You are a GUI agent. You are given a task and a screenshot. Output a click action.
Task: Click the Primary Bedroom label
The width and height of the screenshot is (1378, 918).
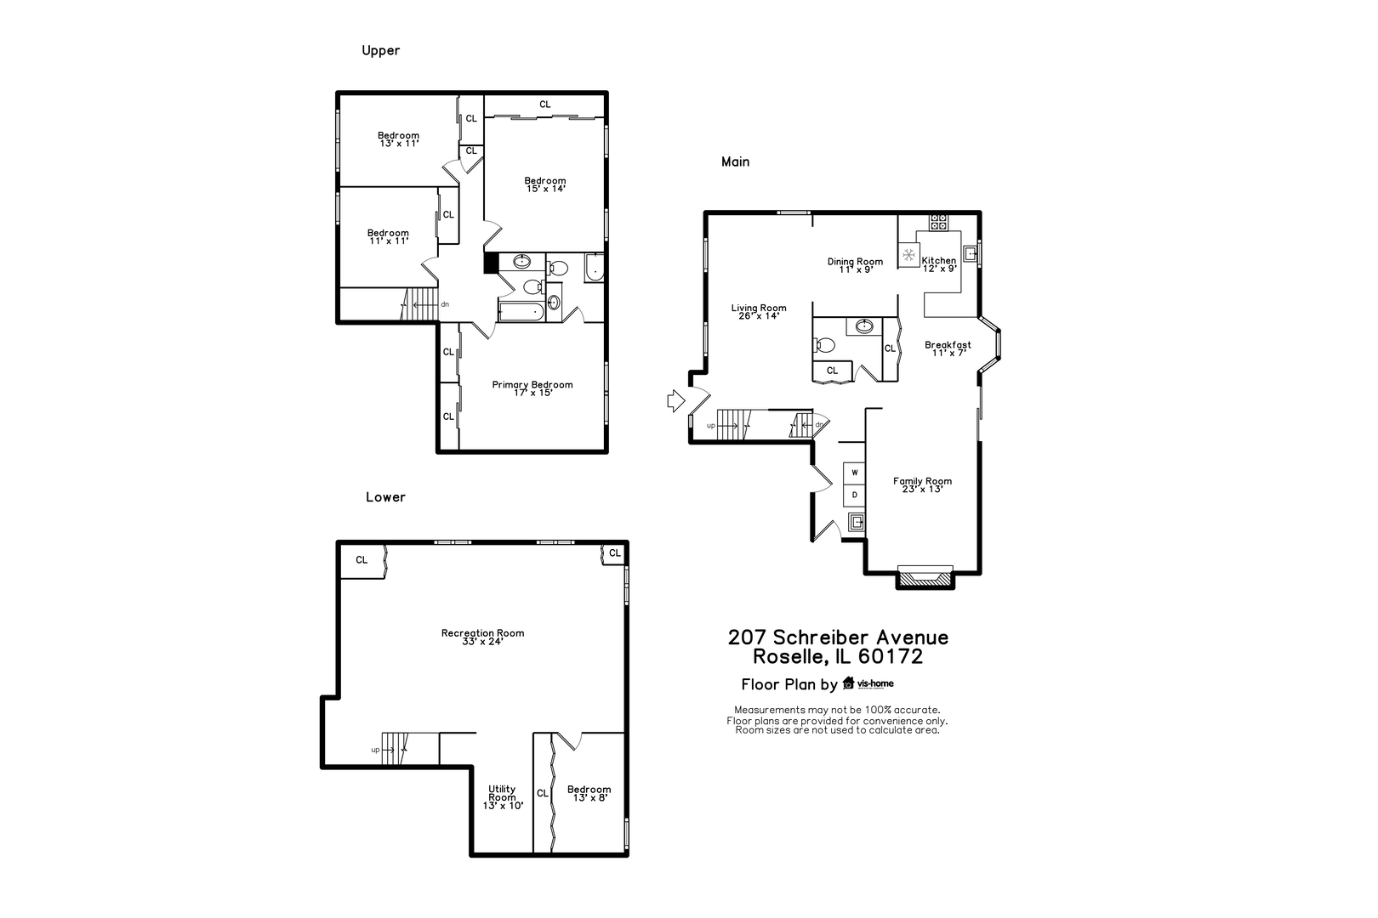532,388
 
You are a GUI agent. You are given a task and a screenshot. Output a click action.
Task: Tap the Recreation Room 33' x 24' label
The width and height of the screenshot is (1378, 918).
482,637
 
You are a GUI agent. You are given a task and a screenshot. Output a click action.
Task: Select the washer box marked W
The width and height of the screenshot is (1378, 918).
854,473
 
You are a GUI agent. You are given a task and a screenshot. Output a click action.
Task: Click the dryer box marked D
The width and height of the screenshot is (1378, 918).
854,495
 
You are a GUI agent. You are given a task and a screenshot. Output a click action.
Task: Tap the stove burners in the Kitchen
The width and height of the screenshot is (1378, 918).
938,222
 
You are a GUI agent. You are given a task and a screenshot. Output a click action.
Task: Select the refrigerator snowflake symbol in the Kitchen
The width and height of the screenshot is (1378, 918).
908,254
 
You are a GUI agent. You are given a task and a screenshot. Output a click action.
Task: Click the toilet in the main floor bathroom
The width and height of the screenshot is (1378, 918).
824,345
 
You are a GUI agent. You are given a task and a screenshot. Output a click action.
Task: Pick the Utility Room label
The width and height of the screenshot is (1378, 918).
502,797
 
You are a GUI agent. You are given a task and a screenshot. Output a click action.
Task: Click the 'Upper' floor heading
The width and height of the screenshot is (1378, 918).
380,50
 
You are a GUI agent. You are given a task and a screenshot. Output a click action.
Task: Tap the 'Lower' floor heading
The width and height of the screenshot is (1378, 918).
385,497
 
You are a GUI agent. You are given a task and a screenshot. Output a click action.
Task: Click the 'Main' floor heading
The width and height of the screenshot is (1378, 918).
735,161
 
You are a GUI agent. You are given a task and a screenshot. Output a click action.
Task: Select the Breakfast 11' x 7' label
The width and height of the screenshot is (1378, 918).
948,348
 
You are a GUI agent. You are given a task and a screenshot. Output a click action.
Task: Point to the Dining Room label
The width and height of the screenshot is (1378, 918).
855,265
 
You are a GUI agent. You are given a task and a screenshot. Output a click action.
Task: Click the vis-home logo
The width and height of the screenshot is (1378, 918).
868,683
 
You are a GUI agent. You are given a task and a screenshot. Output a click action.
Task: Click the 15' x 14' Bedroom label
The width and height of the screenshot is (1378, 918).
544,184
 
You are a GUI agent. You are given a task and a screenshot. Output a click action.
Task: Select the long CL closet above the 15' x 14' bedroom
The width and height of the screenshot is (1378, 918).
544,105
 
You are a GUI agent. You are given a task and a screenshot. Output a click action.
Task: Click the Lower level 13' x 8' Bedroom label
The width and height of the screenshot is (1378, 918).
589,793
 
